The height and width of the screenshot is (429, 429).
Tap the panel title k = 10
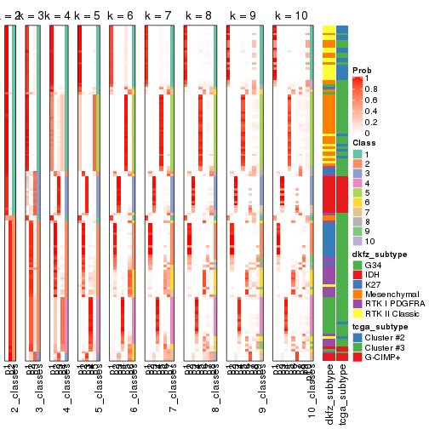(x=289, y=16)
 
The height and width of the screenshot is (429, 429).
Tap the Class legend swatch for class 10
(x=357, y=241)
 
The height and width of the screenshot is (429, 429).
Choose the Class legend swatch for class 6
(x=357, y=203)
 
